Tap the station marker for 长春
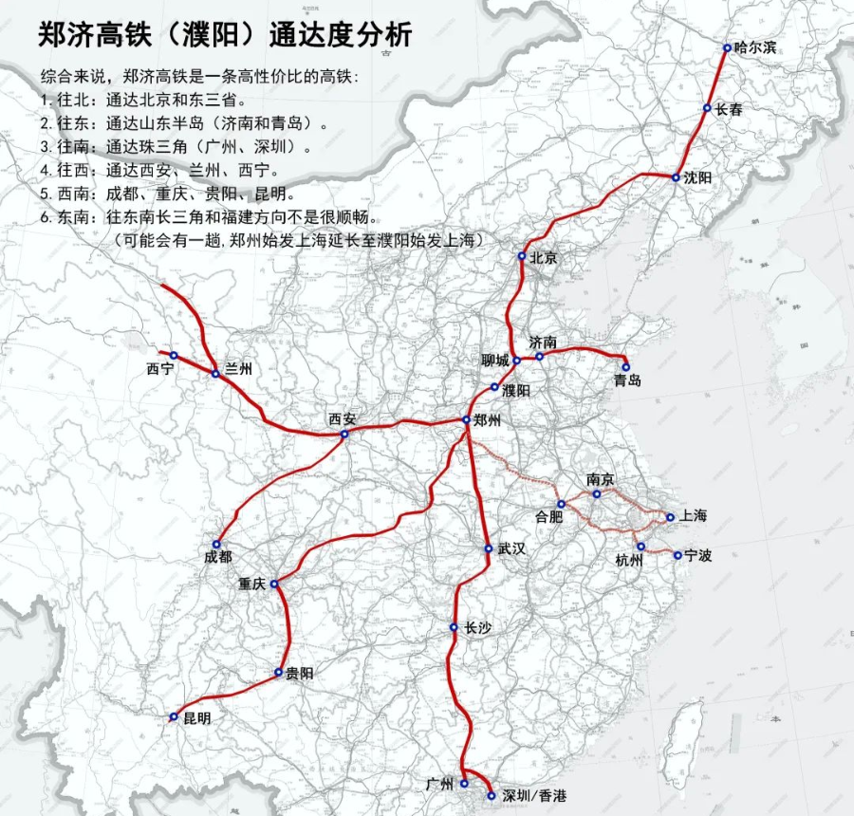tap(707, 108)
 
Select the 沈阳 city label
tap(697, 177)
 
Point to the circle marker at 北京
tap(522, 257)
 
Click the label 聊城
tap(495, 360)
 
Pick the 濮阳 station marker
tap(494, 387)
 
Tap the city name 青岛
tap(627, 380)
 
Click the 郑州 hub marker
tap(466, 420)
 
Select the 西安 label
tap(343, 417)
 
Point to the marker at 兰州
tap(215, 374)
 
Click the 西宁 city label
tap(160, 368)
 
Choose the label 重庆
tap(253, 584)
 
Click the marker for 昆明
tap(174, 717)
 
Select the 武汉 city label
tap(511, 549)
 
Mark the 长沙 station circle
tap(455, 628)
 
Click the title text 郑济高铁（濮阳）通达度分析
tap(225, 35)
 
